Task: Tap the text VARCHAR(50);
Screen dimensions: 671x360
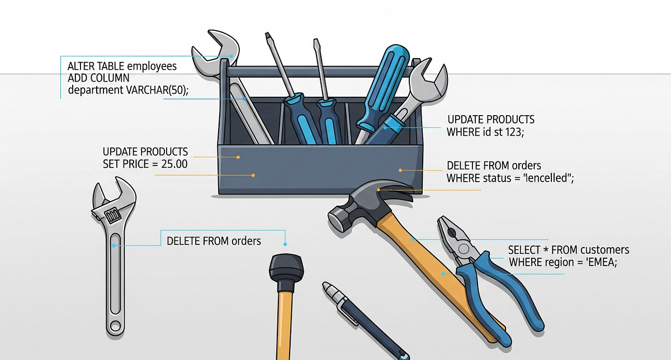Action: pyautogui.click(x=157, y=90)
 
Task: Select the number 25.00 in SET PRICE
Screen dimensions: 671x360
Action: pyautogui.click(x=174, y=164)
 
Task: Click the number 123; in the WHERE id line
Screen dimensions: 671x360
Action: pyautogui.click(x=514, y=132)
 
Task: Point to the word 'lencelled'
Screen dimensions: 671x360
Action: pyautogui.click(x=548, y=178)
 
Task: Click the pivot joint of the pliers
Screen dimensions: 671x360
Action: pyautogui.click(x=464, y=249)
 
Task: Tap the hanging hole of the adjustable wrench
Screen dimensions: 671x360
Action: pyautogui.click(x=115, y=325)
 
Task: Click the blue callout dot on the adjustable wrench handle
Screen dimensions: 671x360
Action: pyautogui.click(x=114, y=245)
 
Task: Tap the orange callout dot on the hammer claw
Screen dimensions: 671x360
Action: pyautogui.click(x=379, y=190)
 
